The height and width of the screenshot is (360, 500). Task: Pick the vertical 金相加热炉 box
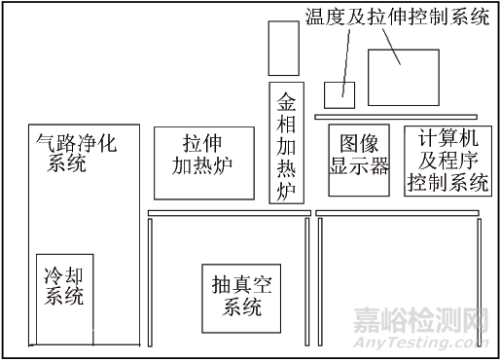pyautogui.click(x=286, y=143)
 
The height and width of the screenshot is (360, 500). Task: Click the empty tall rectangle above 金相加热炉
pyautogui.click(x=283, y=48)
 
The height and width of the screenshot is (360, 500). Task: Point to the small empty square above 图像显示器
pyautogui.click(x=339, y=94)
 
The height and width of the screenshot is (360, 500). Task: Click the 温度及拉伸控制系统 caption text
pyautogui.click(x=397, y=18)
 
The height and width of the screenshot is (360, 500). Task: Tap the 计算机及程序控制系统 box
pyautogui.click(x=448, y=160)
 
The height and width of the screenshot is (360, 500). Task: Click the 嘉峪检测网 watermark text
pyautogui.click(x=434, y=322)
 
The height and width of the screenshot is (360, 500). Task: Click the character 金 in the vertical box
pyautogui.click(x=286, y=100)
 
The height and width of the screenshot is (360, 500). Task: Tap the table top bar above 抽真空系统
pyautogui.click(x=229, y=213)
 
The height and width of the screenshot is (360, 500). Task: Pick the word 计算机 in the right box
pyautogui.click(x=448, y=138)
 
